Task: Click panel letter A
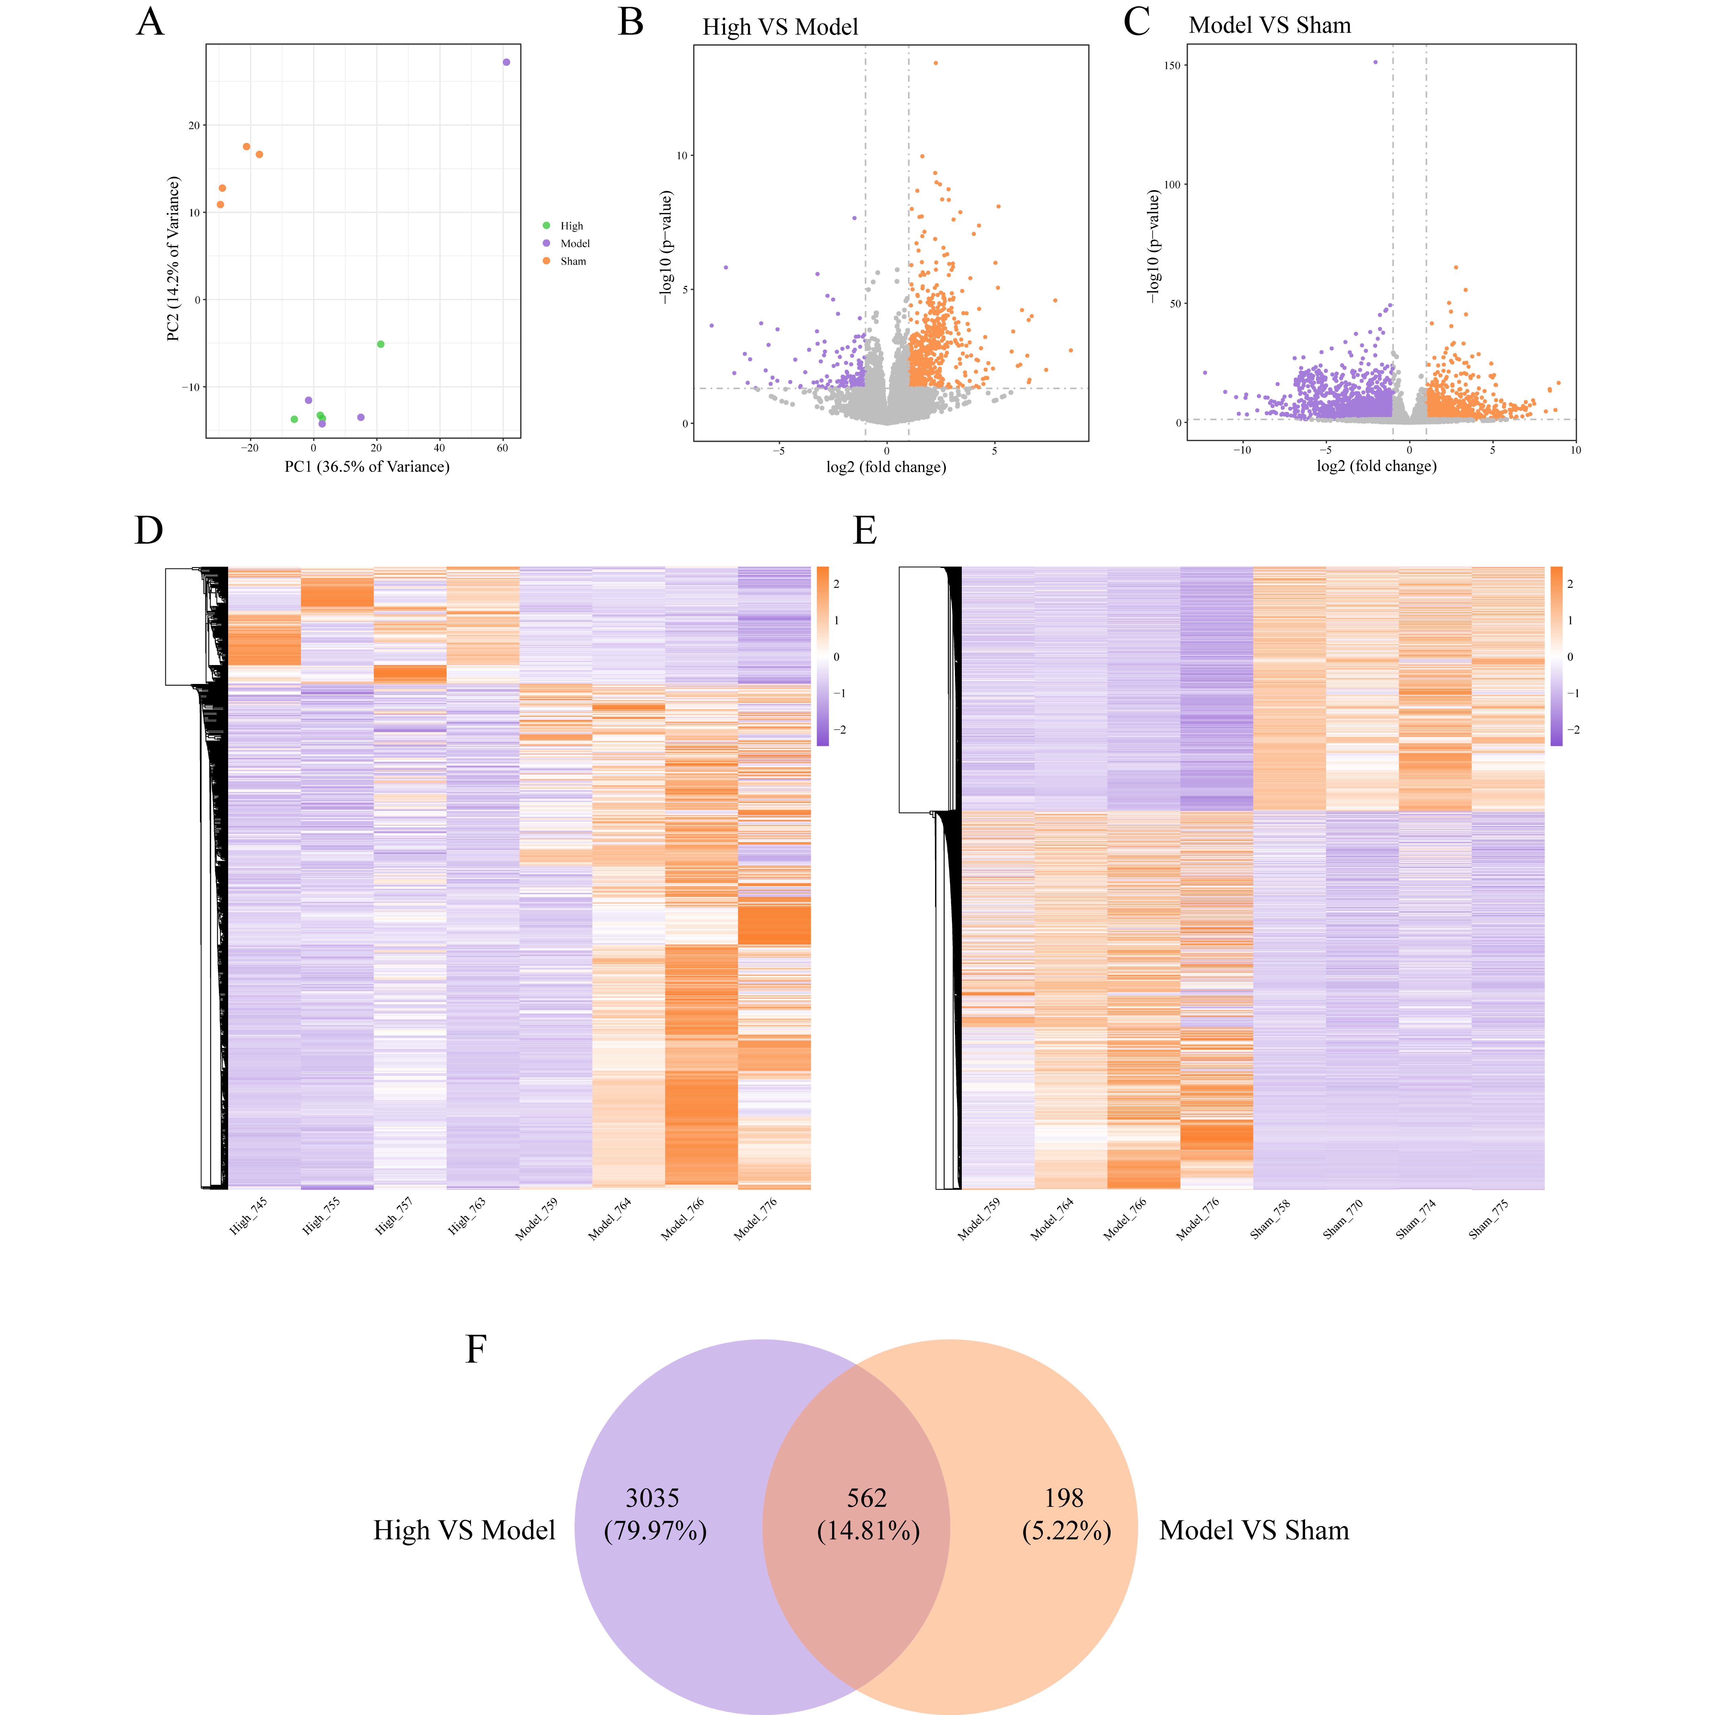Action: click(x=150, y=21)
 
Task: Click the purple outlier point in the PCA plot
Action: click(x=506, y=62)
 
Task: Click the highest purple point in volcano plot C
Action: click(x=1375, y=62)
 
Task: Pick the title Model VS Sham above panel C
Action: click(x=1269, y=26)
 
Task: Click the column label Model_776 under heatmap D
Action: click(x=755, y=1218)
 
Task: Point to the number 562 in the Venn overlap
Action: click(x=866, y=1499)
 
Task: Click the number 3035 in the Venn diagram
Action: click(x=652, y=1499)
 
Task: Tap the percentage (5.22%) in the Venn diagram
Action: click(x=1066, y=1531)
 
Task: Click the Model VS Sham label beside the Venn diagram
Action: click(x=1253, y=1530)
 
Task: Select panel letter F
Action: click(x=476, y=1349)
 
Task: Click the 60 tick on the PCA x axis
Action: click(x=502, y=448)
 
